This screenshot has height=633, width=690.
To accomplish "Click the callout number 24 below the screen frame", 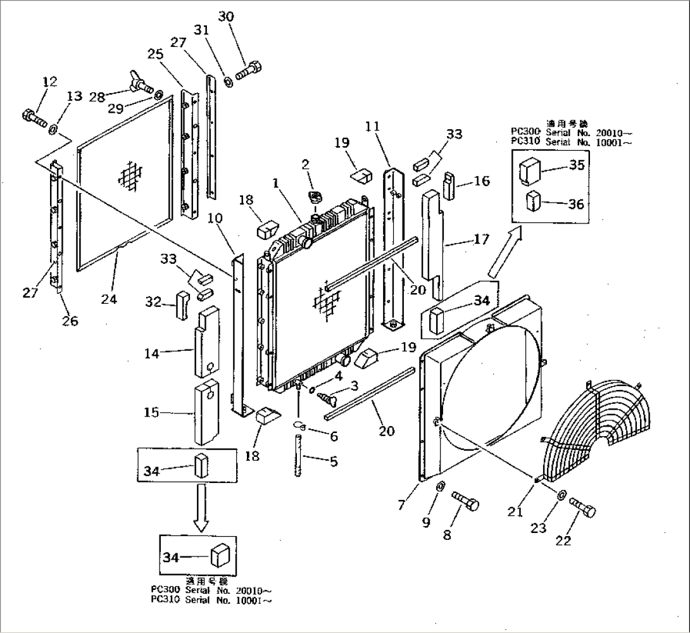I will click(109, 299).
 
